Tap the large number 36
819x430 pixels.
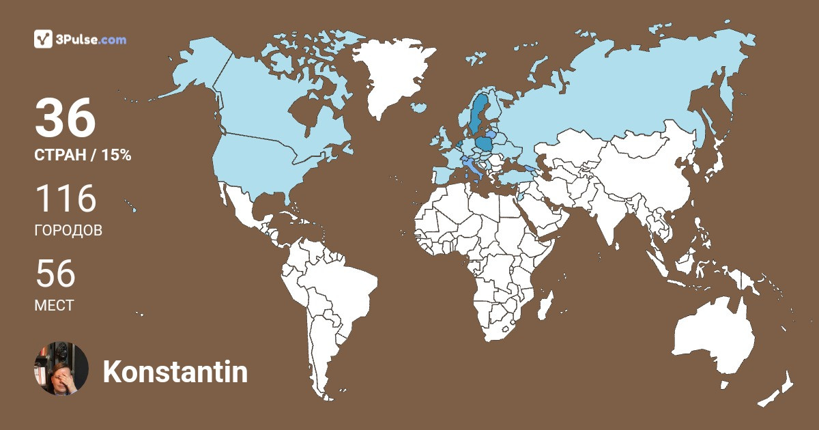click(65, 118)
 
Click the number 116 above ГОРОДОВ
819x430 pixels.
click(66, 199)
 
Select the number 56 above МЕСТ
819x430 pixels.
click(55, 274)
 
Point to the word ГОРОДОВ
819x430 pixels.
click(68, 231)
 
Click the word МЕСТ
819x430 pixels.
click(54, 306)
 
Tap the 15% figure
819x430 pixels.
click(116, 156)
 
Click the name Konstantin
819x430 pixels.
click(175, 372)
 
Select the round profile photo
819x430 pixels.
click(61, 369)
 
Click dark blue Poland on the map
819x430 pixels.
click(485, 144)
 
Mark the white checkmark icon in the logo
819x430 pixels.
click(43, 40)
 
